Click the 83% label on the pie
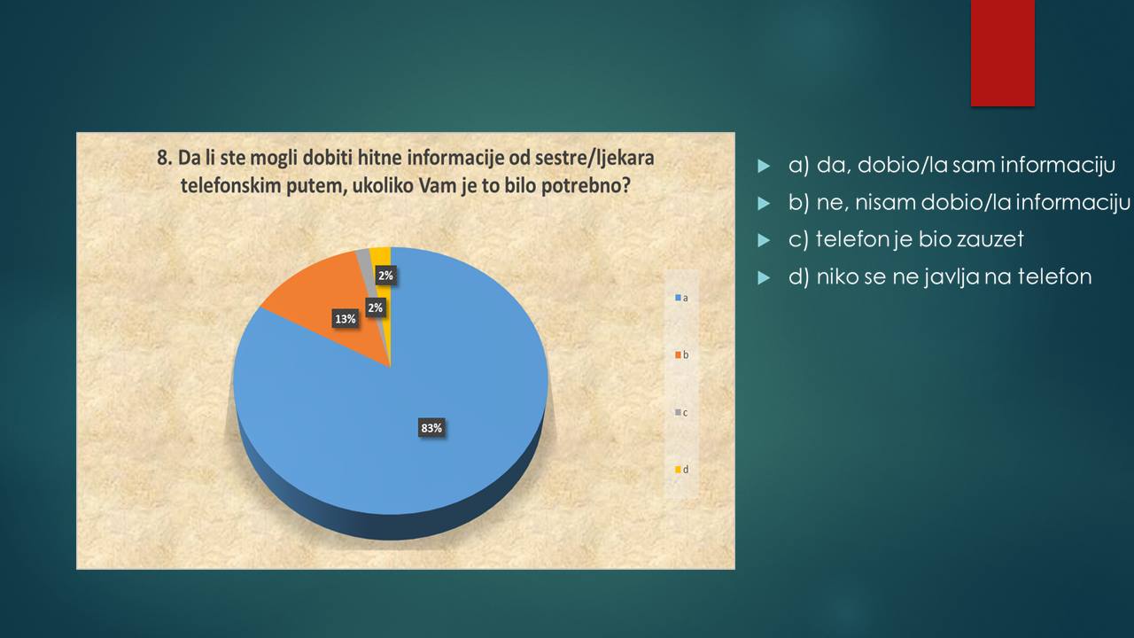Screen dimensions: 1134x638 431,428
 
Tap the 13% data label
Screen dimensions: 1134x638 346,319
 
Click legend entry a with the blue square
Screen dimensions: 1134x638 681,299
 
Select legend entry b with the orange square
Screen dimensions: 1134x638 681,355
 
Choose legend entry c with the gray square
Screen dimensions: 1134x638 681,413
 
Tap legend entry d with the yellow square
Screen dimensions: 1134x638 681,470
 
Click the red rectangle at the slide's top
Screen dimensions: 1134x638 1002,53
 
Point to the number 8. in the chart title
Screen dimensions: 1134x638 165,158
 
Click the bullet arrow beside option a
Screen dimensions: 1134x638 764,166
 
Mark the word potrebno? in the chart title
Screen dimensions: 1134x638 586,186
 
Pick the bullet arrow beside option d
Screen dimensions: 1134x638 764,277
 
